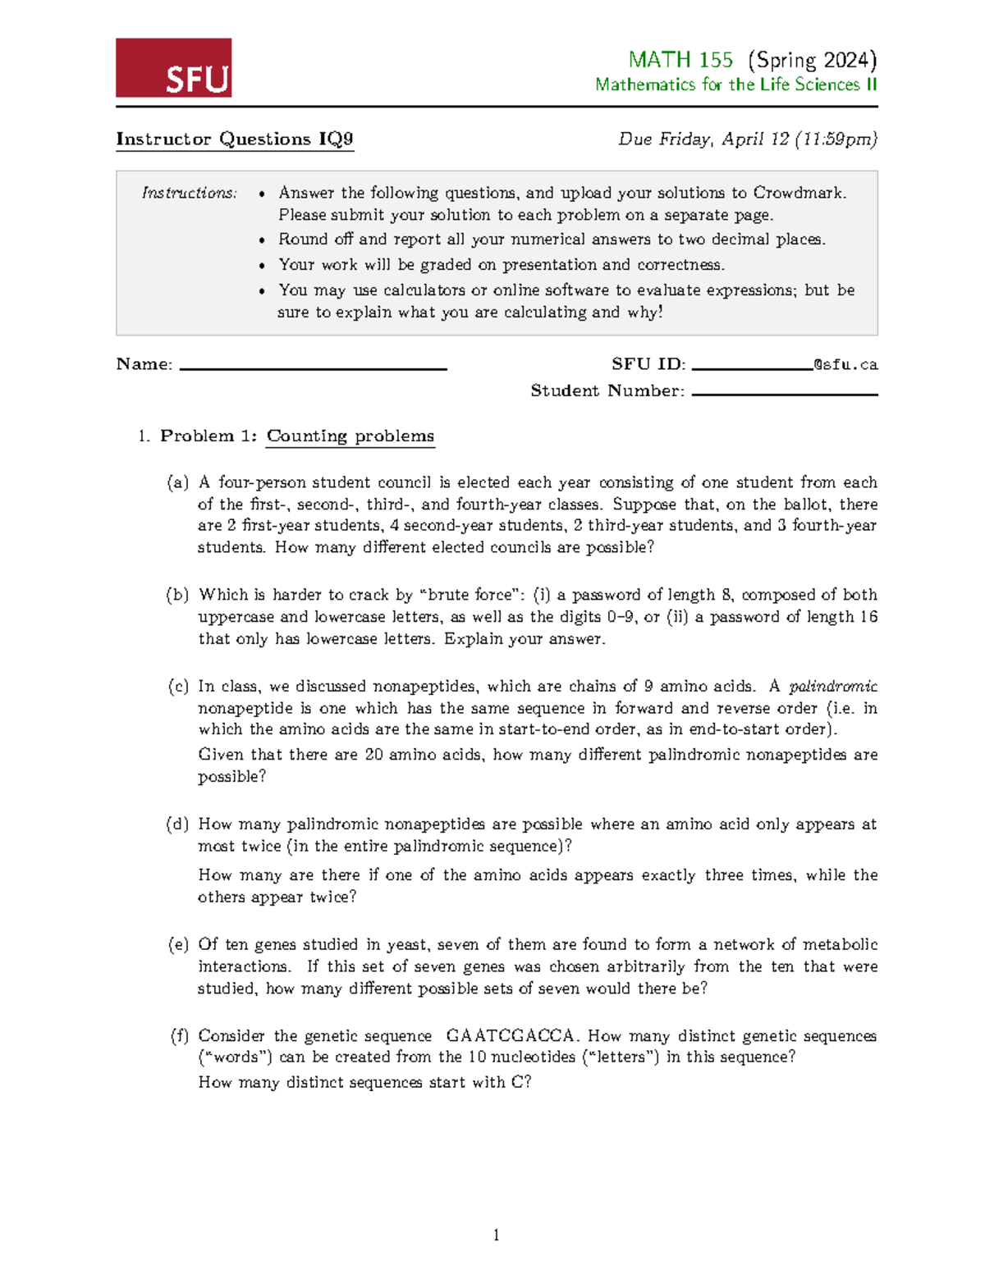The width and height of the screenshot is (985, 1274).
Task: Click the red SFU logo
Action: tap(173, 68)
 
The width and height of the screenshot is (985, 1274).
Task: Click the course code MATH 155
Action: tap(680, 60)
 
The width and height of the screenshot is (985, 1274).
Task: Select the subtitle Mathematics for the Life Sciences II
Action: tap(735, 84)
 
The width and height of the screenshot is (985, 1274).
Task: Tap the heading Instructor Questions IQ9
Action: tap(235, 139)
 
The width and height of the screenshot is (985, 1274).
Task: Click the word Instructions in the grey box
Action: tap(189, 193)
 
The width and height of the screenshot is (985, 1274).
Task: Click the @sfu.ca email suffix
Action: tap(845, 364)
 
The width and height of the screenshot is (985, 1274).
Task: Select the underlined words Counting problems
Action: tap(350, 436)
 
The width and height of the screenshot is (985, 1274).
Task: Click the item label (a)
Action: tap(177, 482)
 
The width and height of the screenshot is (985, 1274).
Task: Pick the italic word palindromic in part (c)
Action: tap(832, 687)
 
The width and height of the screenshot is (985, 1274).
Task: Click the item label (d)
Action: tap(177, 824)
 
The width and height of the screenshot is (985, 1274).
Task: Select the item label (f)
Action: tap(179, 1036)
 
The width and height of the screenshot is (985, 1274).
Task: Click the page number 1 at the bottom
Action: tap(496, 1235)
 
